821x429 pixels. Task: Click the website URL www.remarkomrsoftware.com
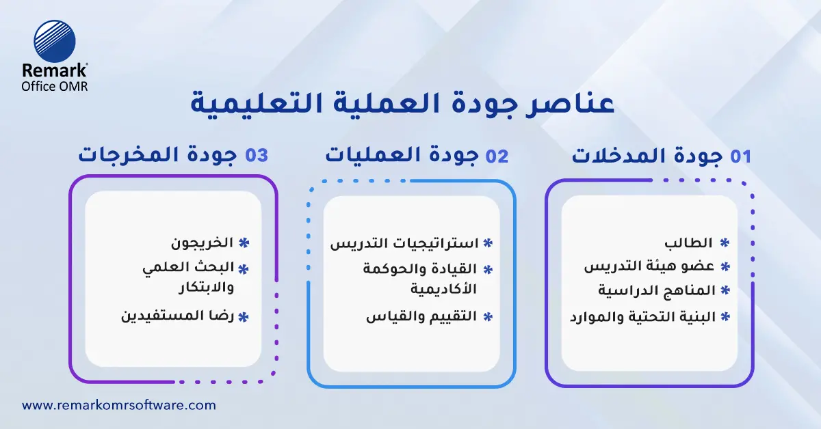click(x=119, y=405)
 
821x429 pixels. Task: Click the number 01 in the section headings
click(x=740, y=156)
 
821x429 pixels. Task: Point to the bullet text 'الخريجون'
click(x=202, y=243)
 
